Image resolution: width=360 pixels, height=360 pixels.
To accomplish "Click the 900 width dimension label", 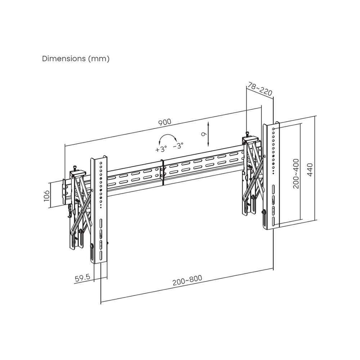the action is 165,122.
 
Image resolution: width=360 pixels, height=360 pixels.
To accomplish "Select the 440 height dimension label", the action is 310,170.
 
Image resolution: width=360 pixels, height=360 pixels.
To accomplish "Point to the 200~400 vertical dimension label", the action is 296,174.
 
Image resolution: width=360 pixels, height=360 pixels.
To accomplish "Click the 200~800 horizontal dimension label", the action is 187,280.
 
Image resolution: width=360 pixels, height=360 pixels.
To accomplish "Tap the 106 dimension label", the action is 47,195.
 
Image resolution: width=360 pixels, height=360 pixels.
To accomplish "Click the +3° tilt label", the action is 161,149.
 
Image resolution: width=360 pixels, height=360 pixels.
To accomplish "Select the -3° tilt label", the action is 178,145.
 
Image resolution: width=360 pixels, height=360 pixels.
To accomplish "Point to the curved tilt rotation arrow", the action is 168,135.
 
